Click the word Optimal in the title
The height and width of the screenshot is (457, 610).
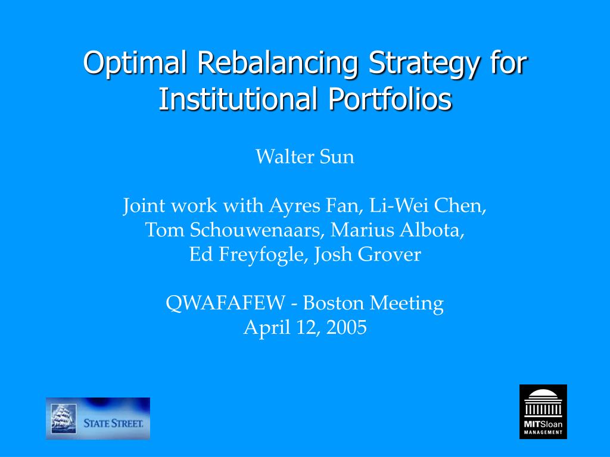(x=135, y=63)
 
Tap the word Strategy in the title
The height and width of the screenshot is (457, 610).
(x=424, y=63)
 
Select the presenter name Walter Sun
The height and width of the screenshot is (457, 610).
(x=305, y=157)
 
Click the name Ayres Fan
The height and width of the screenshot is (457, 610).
(x=315, y=205)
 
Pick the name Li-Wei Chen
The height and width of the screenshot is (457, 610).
(x=428, y=205)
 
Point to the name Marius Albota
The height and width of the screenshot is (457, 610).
(x=397, y=230)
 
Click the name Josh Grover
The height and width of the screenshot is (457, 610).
(x=368, y=255)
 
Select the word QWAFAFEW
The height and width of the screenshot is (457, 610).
(x=225, y=303)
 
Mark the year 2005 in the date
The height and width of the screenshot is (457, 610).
(x=347, y=327)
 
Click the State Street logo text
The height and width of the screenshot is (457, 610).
(x=113, y=423)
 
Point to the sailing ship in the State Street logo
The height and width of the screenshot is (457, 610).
(x=64, y=418)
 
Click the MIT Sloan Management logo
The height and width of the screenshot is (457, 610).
(x=543, y=412)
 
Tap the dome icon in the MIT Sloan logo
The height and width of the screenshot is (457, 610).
(x=543, y=403)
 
